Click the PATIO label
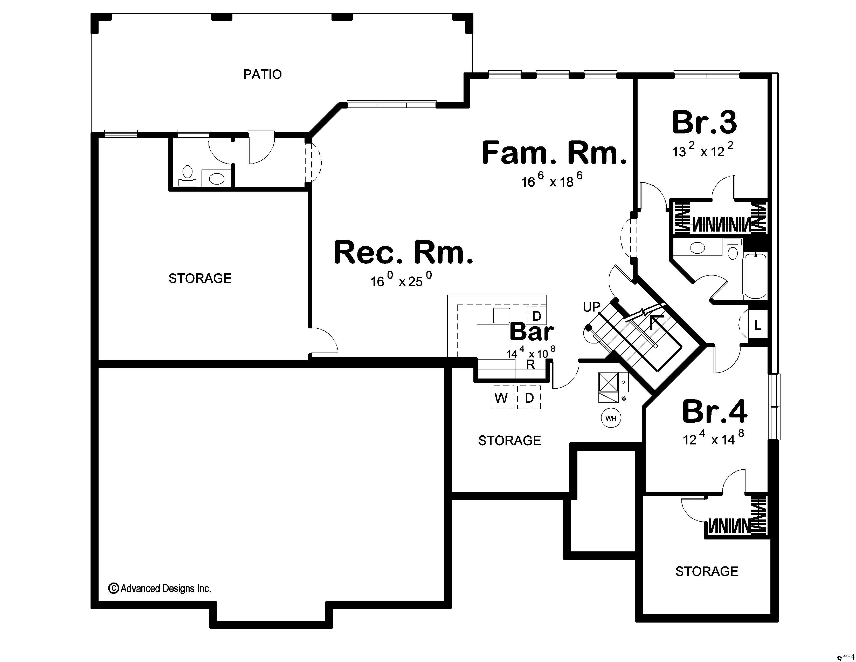coord(262,74)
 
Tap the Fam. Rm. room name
coord(554,153)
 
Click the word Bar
coord(531,332)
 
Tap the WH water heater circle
coord(611,418)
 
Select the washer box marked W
coord(502,398)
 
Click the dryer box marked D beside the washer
coord(529,398)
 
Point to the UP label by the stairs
coord(591,307)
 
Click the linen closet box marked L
coord(758,325)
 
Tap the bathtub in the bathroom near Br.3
coord(755,276)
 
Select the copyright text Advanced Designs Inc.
coord(160,588)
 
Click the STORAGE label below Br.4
coord(706,571)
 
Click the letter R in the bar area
coord(530,364)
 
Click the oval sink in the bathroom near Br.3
coord(697,248)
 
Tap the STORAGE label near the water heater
coord(509,440)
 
